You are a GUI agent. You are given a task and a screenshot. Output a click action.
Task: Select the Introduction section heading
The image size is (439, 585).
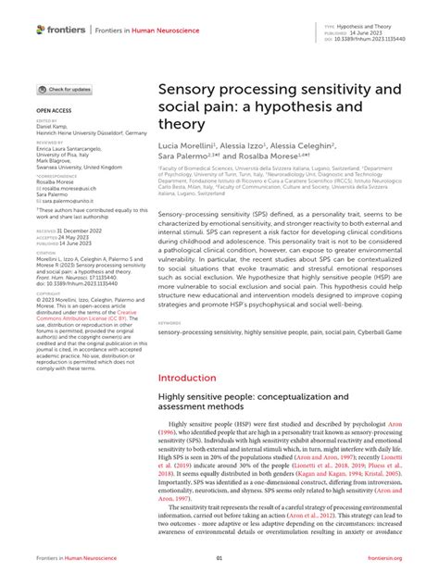coord(194,378)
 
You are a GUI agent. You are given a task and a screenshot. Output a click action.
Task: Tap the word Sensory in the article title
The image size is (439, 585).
coord(192,91)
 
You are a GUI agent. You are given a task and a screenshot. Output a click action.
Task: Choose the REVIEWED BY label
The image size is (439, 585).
coord(50,143)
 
